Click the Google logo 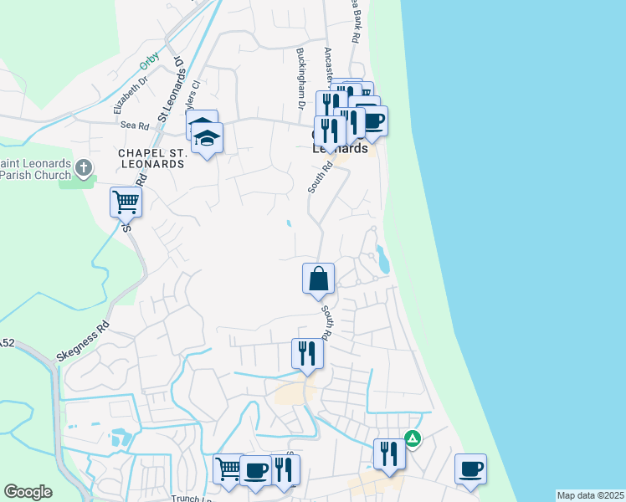click(28, 492)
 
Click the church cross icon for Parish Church click(84, 169)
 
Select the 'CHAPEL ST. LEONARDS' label click(151, 158)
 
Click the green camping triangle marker click(413, 438)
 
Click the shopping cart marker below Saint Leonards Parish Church click(126, 201)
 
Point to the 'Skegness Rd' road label click(84, 341)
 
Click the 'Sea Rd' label click(134, 125)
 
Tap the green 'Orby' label click(149, 59)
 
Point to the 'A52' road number click(8, 343)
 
